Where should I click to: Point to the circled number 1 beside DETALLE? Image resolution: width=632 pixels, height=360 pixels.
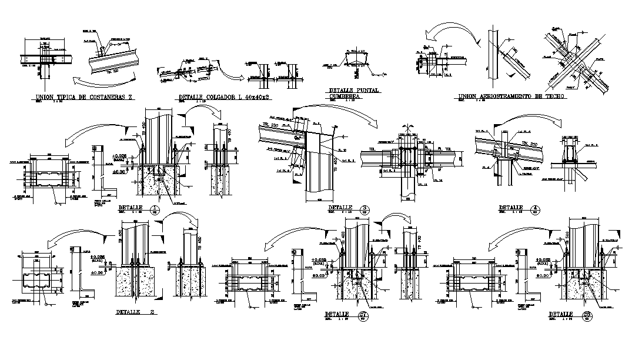155,209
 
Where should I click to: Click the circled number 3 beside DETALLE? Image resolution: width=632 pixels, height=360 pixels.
364,208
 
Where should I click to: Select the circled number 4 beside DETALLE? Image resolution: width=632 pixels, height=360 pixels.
534,208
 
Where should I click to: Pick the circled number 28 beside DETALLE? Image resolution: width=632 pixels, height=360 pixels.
587,315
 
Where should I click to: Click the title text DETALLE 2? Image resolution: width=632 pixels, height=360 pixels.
135,312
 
